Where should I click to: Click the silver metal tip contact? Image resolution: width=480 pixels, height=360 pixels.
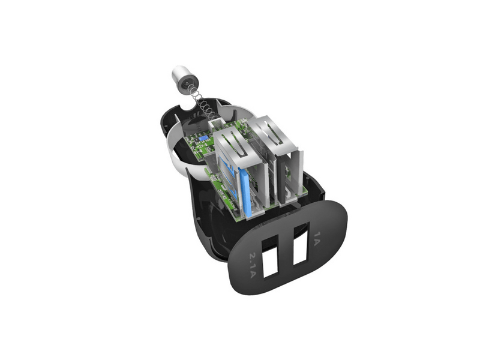point(185,79)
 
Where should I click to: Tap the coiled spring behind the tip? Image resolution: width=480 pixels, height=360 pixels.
point(203,104)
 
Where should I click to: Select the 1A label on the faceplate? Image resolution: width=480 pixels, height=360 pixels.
point(317,238)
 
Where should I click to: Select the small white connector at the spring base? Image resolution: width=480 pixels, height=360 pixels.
point(216,125)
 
